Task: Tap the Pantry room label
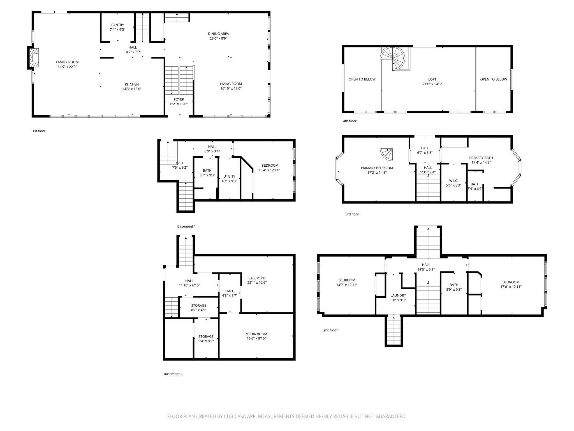click(x=117, y=25)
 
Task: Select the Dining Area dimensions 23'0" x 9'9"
click(x=218, y=38)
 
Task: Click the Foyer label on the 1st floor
click(x=179, y=99)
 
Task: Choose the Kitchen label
click(x=132, y=84)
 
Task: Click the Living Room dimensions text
click(x=231, y=89)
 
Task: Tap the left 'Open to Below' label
click(x=362, y=79)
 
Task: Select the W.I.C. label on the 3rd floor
click(x=453, y=181)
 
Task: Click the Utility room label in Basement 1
click(x=229, y=176)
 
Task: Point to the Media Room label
click(x=256, y=334)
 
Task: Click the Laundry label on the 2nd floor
click(x=398, y=295)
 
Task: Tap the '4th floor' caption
click(x=350, y=121)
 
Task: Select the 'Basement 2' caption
click(x=173, y=374)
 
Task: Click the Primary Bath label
click(x=481, y=158)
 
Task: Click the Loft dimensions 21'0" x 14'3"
click(x=432, y=84)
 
